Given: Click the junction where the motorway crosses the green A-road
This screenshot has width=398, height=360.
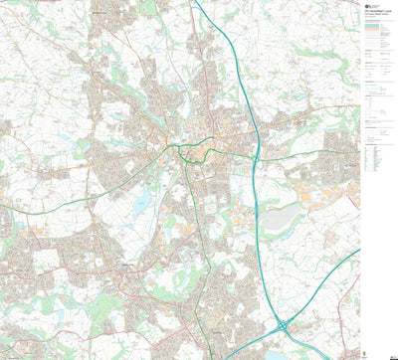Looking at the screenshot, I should [256, 157].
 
